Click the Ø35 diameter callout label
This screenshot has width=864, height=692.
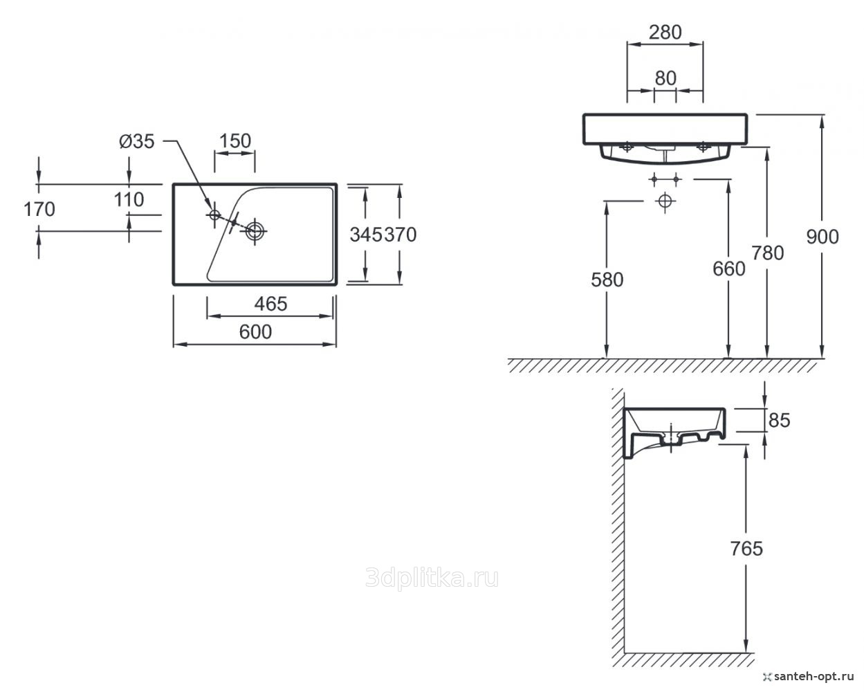[136, 141]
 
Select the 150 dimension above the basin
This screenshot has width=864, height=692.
[235, 141]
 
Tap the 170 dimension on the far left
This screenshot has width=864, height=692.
[39, 208]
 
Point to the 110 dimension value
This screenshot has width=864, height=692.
[129, 200]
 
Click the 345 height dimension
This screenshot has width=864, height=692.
[366, 235]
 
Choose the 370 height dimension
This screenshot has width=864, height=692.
[401, 235]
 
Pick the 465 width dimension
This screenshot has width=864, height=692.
[270, 303]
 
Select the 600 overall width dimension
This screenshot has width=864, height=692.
[255, 332]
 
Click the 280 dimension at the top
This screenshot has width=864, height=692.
[665, 32]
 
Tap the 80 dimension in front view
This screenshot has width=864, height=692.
[665, 78]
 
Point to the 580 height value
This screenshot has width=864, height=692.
[607, 280]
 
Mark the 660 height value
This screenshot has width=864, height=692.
[729, 268]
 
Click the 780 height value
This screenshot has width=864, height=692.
[767, 253]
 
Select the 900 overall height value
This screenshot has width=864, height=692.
[822, 237]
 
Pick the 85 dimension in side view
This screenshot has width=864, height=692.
[779, 420]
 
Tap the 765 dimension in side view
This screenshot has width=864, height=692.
[746, 549]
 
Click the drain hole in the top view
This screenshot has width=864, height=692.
[255, 231]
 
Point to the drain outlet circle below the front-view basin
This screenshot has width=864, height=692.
[665, 201]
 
